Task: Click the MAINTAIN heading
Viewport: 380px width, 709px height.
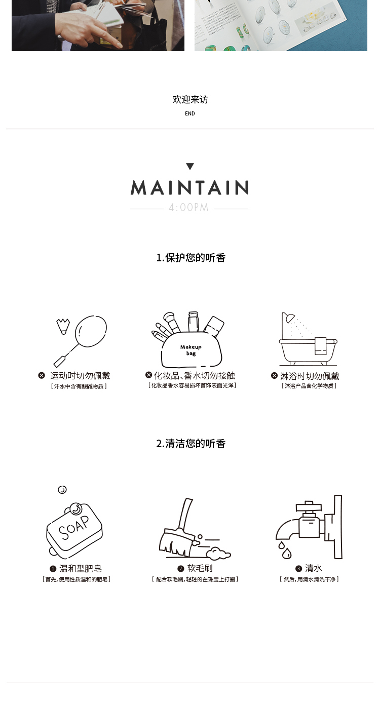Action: [189, 187]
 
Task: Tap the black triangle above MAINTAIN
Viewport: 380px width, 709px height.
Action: [190, 167]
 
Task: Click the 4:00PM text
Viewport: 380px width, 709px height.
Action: [188, 208]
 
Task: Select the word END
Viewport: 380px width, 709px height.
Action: [190, 113]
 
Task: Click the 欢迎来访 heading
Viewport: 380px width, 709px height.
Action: [191, 99]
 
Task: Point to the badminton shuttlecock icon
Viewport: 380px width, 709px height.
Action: [63, 327]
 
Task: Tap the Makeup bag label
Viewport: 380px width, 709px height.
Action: [191, 350]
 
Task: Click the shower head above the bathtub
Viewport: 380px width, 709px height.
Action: [290, 318]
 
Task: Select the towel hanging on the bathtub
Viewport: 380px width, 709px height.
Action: [320, 346]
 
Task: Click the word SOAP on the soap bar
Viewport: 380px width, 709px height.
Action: [74, 528]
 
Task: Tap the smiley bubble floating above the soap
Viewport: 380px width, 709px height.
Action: [62, 490]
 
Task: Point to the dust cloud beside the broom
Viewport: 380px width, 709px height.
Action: [218, 554]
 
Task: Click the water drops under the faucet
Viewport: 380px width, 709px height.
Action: [285, 550]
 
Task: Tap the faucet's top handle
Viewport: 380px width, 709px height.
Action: [309, 506]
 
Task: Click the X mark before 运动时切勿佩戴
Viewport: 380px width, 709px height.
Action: [42, 375]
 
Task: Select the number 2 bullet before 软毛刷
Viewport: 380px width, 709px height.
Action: [181, 569]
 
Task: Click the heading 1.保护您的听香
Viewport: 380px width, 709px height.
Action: [191, 258]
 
